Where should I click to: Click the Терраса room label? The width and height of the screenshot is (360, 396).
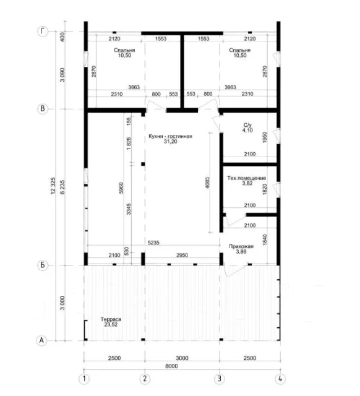pyautogui.click(x=111, y=319)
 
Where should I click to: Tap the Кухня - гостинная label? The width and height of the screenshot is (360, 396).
pyautogui.click(x=170, y=136)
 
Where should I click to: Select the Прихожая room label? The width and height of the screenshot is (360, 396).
pyautogui.click(x=241, y=246)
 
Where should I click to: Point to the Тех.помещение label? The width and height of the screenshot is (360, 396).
pyautogui.click(x=247, y=178)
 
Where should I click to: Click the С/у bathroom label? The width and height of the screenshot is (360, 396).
pyautogui.click(x=247, y=125)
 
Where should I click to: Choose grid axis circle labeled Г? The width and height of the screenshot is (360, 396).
pyautogui.click(x=43, y=32)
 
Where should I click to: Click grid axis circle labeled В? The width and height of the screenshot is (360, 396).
pyautogui.click(x=43, y=109)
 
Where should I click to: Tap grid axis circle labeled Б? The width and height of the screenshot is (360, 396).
pyautogui.click(x=43, y=265)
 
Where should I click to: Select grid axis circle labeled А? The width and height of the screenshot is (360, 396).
pyautogui.click(x=41, y=340)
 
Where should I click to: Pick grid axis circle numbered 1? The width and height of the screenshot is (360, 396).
pyautogui.click(x=84, y=379)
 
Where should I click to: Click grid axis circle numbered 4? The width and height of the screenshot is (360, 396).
pyautogui.click(x=280, y=379)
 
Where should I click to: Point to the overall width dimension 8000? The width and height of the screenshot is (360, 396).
pyautogui.click(x=172, y=366)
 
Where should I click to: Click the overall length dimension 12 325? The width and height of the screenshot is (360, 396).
pyautogui.click(x=53, y=186)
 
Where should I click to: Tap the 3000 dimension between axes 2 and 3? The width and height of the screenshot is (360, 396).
pyautogui.click(x=182, y=358)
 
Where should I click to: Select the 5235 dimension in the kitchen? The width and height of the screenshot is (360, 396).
pyautogui.click(x=154, y=243)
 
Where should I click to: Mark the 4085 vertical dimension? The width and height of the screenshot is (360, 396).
pyautogui.click(x=207, y=183)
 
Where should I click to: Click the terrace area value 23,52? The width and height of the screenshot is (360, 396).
pyautogui.click(x=111, y=324)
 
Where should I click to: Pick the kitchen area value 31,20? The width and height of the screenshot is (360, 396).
pyautogui.click(x=170, y=142)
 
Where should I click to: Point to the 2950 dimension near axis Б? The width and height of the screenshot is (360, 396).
pyautogui.click(x=182, y=256)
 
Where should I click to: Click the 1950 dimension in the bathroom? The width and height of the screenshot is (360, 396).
pyautogui.click(x=265, y=137)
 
